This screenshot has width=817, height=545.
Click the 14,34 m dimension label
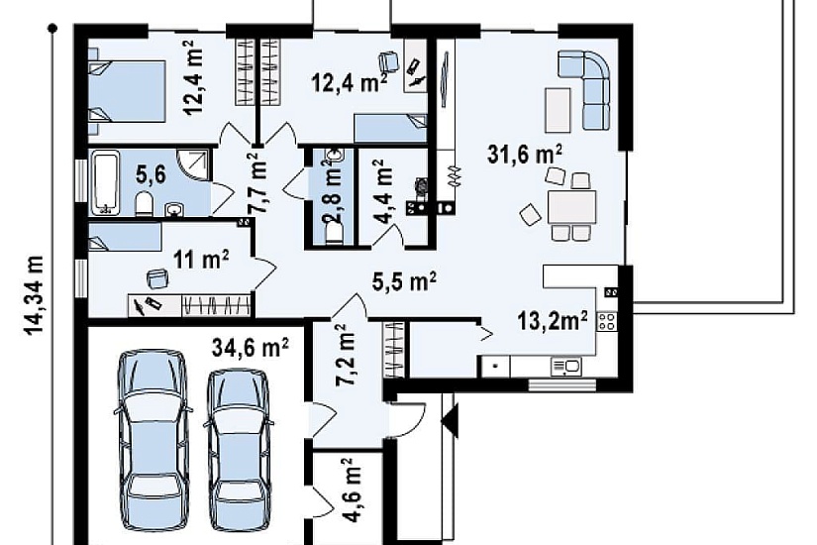35,295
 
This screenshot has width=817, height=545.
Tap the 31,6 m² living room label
525,155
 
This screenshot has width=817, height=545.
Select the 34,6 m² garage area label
251,348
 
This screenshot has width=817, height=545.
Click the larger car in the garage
153,440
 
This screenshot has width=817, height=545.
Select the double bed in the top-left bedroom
128,92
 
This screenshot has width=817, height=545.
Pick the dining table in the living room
571,207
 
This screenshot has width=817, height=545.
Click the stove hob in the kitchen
606,321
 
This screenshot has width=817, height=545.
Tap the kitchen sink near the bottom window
565,367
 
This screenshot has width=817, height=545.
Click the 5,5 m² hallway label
404,281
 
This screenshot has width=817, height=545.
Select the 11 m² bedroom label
201,260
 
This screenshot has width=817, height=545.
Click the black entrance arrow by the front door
451,418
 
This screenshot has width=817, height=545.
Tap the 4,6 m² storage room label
353,490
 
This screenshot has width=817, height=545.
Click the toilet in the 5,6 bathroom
144,203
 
